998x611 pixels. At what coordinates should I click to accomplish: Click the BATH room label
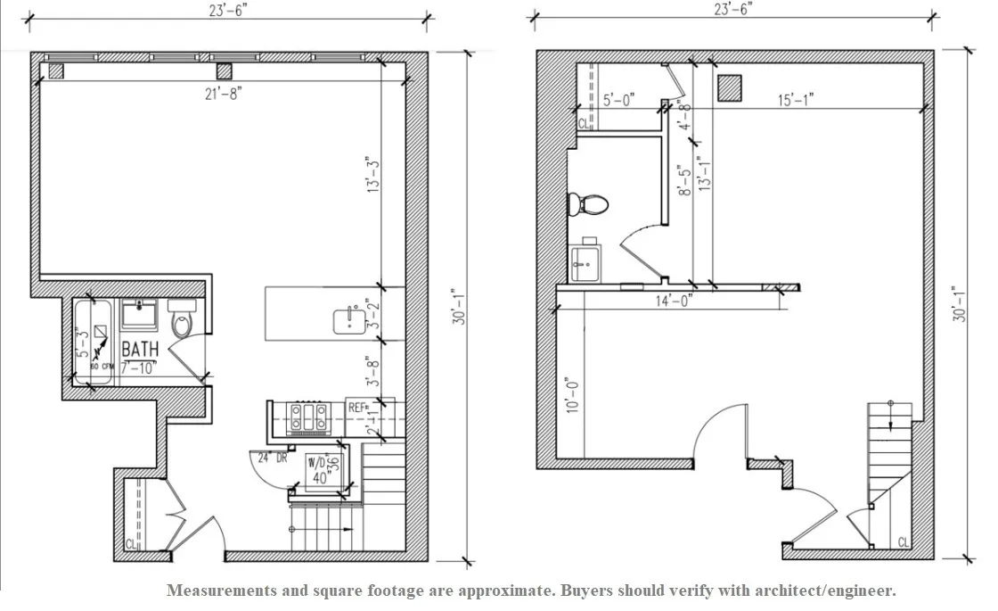pos(140,348)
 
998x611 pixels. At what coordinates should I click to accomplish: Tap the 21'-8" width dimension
pos(223,92)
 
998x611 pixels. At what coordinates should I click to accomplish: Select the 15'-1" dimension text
pos(794,100)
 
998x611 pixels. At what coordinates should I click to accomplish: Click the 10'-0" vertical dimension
pos(572,393)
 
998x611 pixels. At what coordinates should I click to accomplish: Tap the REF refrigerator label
pos(356,408)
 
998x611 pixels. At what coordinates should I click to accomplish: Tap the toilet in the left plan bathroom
pos(182,323)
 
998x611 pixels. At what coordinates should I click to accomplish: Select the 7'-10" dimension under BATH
pos(140,367)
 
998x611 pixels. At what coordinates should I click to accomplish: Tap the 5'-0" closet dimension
pos(618,100)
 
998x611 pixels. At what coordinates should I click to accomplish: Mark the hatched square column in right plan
pos(730,87)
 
